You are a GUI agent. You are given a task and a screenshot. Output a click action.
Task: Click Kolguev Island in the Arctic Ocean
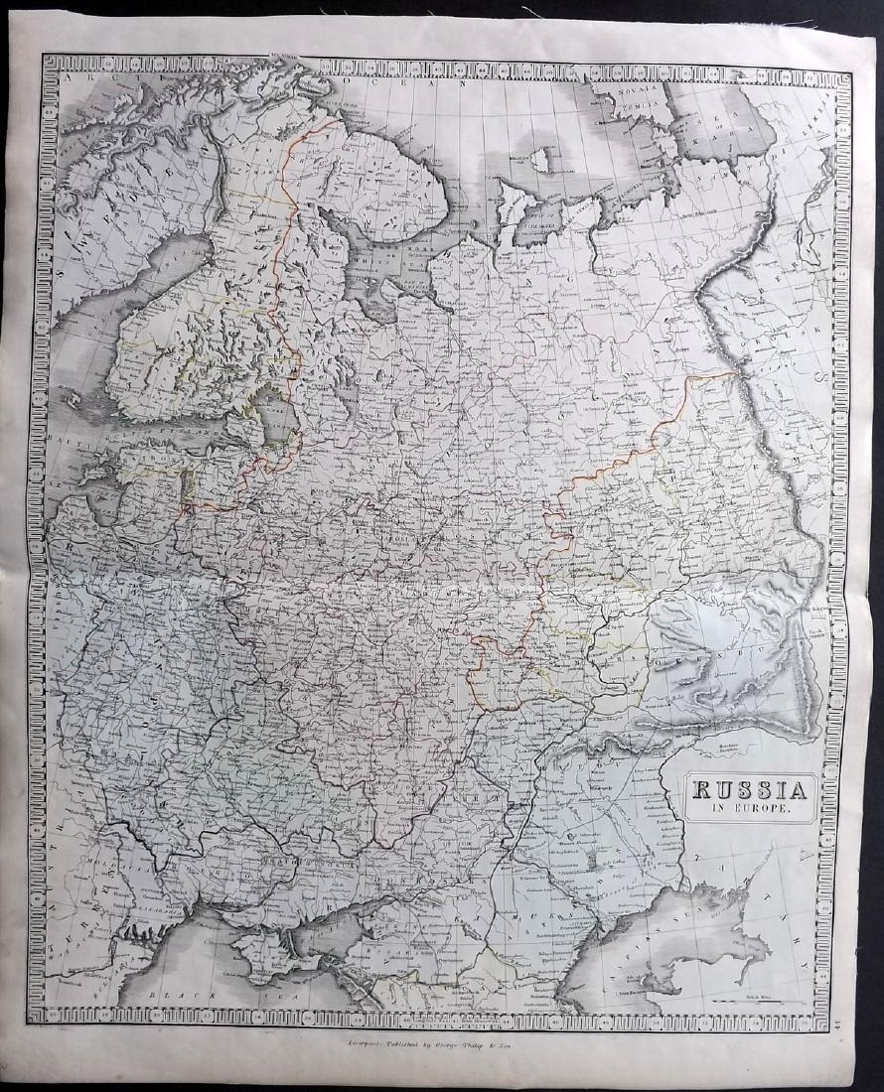point(540,159)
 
